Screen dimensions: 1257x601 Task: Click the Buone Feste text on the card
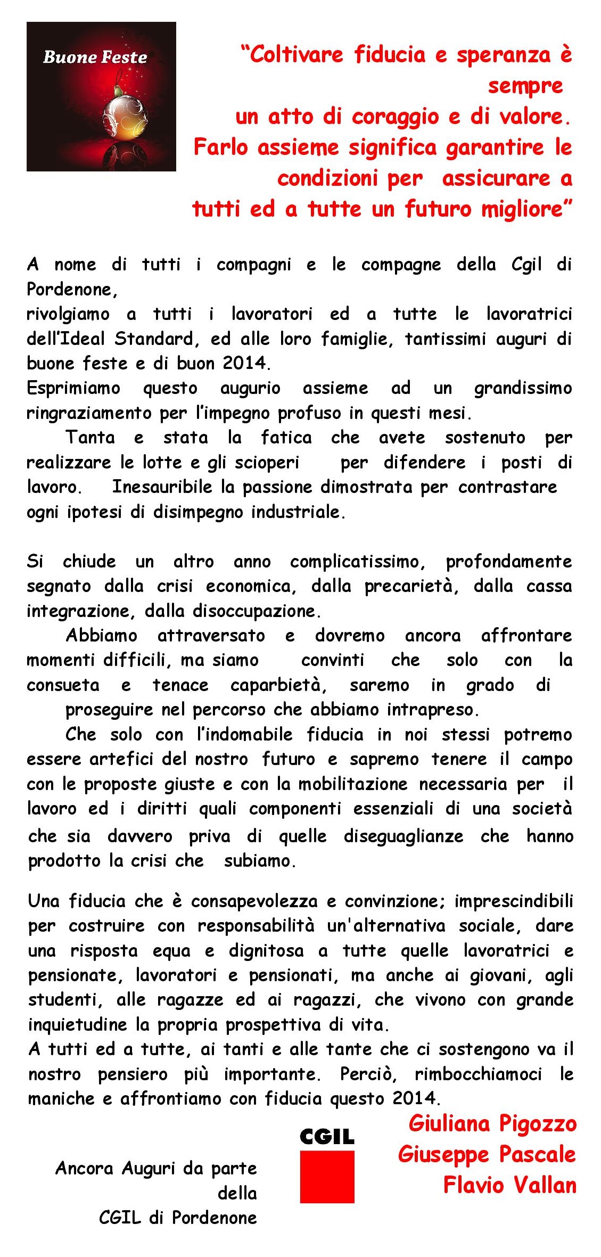95,57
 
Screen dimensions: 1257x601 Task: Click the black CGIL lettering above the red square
327,1137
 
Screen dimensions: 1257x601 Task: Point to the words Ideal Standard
135,339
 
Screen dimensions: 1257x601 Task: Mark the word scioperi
267,463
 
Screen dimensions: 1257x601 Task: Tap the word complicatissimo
357,562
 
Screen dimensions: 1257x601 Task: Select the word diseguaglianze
403,836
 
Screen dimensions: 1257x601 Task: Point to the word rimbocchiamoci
478,1074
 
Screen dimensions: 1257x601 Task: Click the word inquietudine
77,1025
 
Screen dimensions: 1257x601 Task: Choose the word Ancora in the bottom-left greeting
84,1168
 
